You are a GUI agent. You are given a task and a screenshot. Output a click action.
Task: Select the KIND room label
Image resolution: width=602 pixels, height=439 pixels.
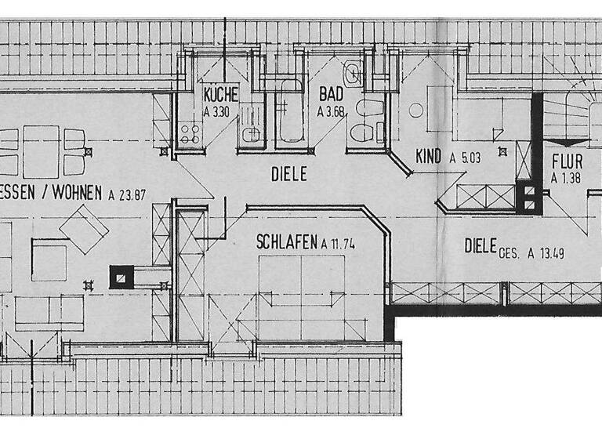(x=430, y=156)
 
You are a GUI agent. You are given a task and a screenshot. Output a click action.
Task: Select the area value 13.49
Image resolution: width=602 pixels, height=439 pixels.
(x=550, y=252)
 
